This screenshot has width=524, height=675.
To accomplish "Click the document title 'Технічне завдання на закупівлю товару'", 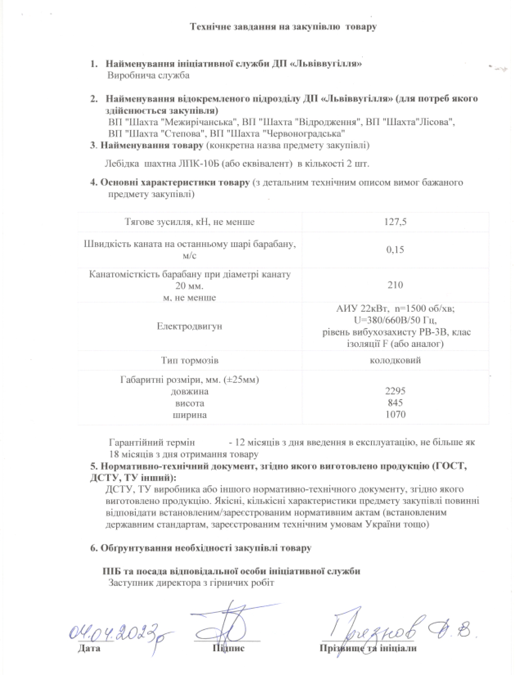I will coord(283,27).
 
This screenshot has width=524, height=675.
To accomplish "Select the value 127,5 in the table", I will coord(395,222).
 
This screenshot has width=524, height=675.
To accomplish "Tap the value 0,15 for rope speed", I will coord(395,250).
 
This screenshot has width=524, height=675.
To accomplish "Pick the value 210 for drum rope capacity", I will coord(395,285).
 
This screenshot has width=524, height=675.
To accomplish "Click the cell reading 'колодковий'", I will coord(395,360).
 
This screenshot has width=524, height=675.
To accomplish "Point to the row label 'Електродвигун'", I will coord(189,326).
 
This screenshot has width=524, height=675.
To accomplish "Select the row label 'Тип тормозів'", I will coord(189,360).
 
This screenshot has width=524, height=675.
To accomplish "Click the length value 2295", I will coord(395,391).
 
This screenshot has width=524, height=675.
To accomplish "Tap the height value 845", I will coord(395,403).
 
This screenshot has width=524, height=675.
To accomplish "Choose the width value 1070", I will coord(395,414).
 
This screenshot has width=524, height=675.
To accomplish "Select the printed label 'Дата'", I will coord(89,648).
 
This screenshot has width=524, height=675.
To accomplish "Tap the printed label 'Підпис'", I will coord(228,648).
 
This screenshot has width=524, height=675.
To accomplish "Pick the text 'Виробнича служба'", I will coord(148,75).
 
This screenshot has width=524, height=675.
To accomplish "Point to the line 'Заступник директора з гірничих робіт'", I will coord(191,583).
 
